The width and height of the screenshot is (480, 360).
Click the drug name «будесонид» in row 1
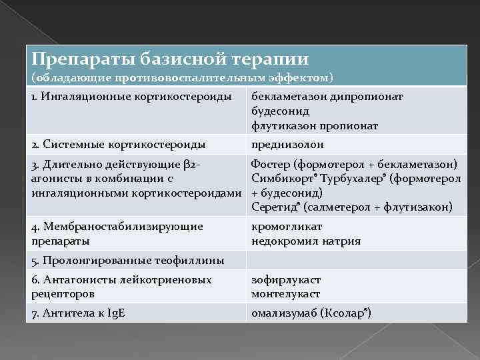coord(281,111)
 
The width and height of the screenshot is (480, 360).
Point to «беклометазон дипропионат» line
coord(327,97)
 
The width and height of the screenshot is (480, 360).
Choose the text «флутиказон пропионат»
coord(315,125)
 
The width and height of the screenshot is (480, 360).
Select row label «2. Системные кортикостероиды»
coord(118,144)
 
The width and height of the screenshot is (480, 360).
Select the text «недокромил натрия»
coord(306,241)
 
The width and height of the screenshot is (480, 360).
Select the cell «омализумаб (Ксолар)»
coord(311,313)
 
